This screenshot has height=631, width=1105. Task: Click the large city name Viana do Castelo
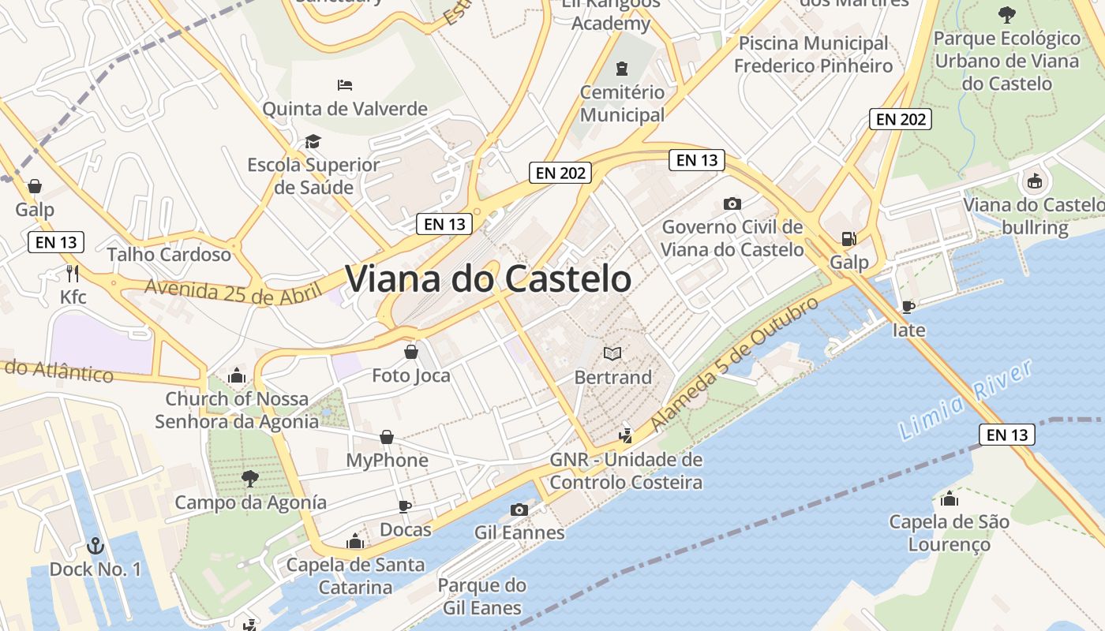(x=488, y=279)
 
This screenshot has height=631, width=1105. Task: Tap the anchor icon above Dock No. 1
(x=95, y=545)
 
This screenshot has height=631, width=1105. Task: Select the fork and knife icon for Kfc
(x=73, y=274)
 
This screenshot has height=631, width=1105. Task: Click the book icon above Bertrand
(x=612, y=353)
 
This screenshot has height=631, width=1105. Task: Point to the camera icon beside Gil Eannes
(x=519, y=510)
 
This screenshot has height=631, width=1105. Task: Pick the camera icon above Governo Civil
(x=732, y=203)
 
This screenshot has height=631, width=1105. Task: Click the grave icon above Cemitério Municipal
(x=622, y=69)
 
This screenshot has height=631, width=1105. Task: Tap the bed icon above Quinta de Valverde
(x=345, y=84)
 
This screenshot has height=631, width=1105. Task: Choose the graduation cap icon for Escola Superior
(x=313, y=141)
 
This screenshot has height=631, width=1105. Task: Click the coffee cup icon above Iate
(x=908, y=306)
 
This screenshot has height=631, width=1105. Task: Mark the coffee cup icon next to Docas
(x=405, y=506)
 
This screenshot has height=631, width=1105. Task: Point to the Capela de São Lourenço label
(x=949, y=532)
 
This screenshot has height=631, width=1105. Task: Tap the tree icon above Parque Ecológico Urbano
(x=1006, y=14)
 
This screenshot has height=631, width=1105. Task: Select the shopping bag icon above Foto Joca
(x=410, y=351)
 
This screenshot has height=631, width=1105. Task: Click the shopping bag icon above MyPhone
(x=387, y=436)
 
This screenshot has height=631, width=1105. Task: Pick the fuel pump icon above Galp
(x=848, y=238)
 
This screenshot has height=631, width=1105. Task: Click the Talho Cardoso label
(x=169, y=254)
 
